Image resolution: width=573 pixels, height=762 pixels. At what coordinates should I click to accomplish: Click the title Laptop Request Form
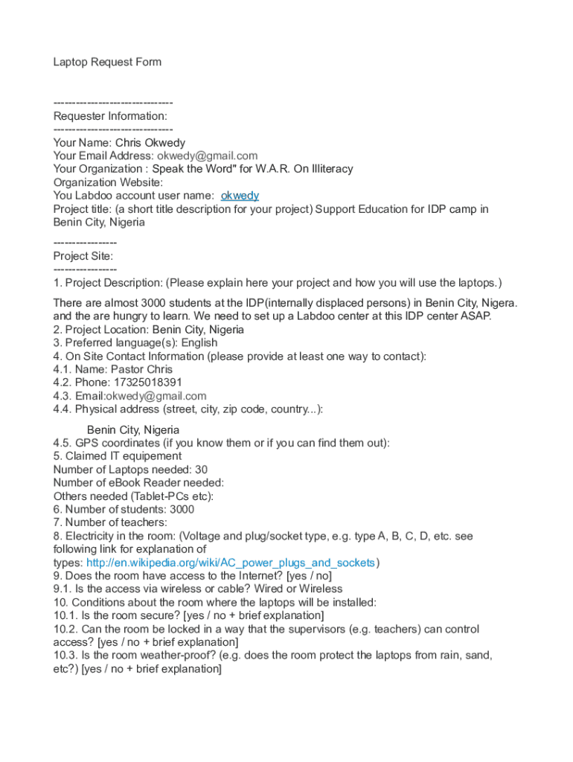107,62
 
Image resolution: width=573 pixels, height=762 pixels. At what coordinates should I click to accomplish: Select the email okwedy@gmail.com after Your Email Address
207,156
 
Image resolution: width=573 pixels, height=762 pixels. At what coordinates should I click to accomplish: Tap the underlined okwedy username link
240,196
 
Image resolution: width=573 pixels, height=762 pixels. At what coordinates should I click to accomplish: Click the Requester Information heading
110,116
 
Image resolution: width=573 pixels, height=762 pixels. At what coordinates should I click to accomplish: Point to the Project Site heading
83,256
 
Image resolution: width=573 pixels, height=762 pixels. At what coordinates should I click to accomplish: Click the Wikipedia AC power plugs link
231,563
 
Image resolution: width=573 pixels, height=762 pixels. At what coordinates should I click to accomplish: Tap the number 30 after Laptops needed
201,470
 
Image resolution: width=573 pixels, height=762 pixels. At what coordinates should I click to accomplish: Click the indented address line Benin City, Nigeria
133,430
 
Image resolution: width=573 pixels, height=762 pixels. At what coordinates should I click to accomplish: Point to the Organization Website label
108,182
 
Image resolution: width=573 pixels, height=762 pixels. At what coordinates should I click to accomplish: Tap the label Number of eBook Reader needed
138,483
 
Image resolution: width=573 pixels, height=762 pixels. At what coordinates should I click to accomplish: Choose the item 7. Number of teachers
110,523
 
